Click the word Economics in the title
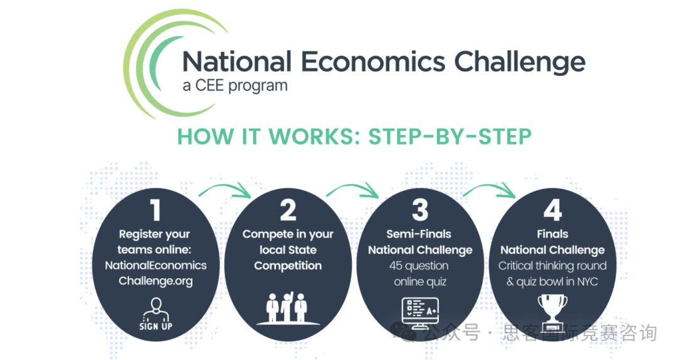pos(373,62)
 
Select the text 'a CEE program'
pos(235,85)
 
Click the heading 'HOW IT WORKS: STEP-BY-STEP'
pos(354,137)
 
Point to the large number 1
pos(155,210)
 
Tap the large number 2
pos(288,210)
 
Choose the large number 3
pos(420,210)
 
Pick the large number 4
pos(553,210)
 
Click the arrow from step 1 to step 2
pos(225,187)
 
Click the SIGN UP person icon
pos(156,314)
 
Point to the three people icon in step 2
pos(287,308)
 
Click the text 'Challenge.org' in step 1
pos(156,281)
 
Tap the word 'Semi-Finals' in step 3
pos(419,234)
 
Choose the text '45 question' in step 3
pos(419,266)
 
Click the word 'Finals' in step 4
pos(553,234)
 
